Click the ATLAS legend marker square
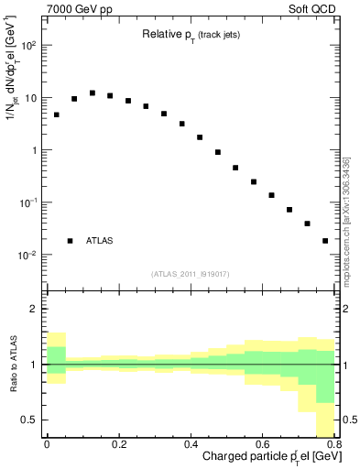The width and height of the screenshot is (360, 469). point(71,241)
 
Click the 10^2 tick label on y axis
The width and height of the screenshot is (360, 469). point(29,45)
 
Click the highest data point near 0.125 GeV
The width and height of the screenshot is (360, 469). point(93,93)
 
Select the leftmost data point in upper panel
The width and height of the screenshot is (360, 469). point(56,115)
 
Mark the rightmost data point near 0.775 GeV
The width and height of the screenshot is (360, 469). point(325,241)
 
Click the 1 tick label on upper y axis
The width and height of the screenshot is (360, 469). point(36,149)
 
